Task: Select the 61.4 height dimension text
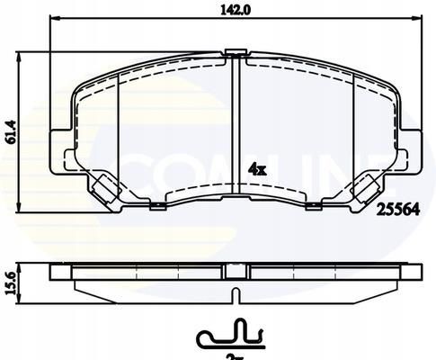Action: point(12,132)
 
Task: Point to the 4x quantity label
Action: point(256,168)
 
